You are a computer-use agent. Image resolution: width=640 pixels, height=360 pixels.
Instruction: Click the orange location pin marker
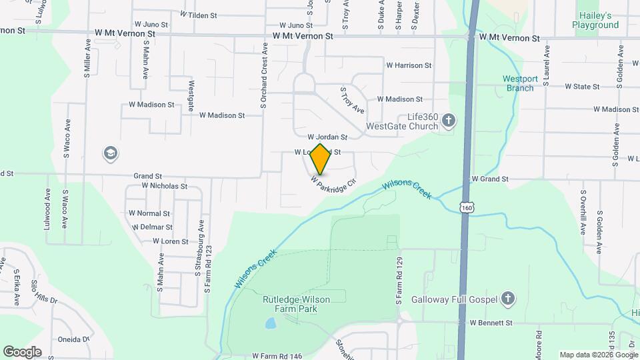[321, 159]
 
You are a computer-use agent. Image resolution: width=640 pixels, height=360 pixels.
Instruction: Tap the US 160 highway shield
[466, 208]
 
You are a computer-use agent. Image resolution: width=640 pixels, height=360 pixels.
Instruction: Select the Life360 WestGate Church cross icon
[449, 121]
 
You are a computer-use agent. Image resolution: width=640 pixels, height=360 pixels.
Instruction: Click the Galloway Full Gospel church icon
[508, 298]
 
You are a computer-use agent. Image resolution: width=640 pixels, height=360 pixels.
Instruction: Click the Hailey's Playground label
[595, 20]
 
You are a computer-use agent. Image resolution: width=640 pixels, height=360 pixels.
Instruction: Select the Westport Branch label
[520, 83]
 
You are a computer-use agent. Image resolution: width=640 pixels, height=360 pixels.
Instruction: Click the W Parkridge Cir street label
[329, 184]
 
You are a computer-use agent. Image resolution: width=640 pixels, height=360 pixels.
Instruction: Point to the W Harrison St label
[409, 65]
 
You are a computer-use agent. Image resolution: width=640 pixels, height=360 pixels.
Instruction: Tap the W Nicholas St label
[159, 186]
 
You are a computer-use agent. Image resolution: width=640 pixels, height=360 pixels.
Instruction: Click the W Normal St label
[149, 213]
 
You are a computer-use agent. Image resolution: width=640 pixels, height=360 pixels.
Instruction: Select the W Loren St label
[172, 241]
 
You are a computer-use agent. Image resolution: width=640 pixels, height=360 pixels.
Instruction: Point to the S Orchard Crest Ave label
[265, 76]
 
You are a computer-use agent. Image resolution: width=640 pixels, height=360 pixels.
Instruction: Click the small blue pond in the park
[270, 324]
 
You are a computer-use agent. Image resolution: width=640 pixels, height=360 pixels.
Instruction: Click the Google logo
[22, 351]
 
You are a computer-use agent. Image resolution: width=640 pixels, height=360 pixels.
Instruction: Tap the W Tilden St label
[198, 15]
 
